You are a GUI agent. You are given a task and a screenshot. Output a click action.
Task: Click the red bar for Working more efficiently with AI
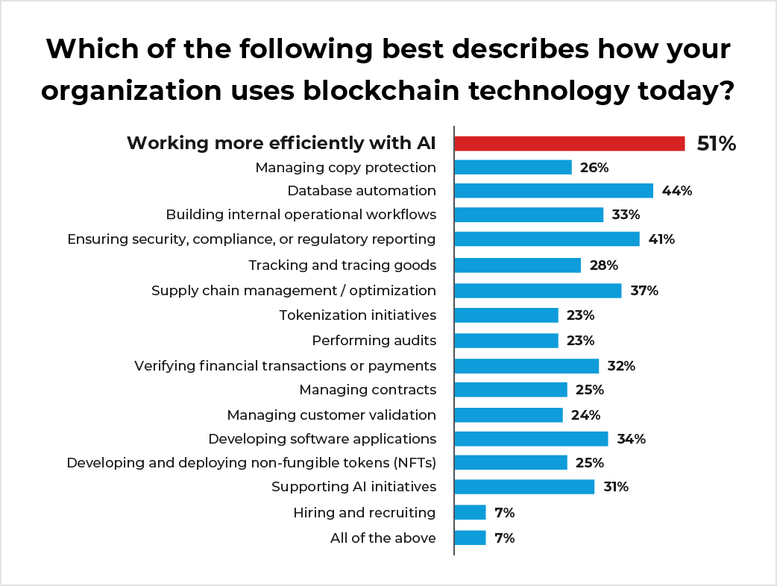pos(569,144)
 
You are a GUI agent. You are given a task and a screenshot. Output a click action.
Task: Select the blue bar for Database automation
pos(553,191)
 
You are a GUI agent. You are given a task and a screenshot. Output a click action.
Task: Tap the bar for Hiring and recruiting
pos(470,512)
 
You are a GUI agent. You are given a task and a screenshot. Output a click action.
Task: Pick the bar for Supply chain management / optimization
pos(538,291)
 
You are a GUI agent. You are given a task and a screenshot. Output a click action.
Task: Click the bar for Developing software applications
pos(531,439)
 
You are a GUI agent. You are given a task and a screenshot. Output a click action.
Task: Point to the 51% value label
pos(716,144)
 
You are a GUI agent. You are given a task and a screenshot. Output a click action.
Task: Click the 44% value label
pos(677,191)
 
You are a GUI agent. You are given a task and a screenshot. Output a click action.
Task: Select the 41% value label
pos(661,239)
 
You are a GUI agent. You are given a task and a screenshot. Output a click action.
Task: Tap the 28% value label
pos(603,265)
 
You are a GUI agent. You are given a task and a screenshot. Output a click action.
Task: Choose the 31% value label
pos(616,488)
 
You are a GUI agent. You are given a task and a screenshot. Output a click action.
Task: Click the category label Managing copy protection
pos(345,168)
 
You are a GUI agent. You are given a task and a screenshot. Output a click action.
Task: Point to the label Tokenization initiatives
pos(357,315)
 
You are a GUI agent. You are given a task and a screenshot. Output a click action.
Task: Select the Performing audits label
pos(374,341)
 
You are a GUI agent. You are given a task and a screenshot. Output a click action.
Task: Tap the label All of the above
pos(383,538)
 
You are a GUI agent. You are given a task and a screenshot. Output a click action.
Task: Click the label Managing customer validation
pos(331,415)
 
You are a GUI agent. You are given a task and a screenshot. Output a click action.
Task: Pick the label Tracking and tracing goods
pos(342,265)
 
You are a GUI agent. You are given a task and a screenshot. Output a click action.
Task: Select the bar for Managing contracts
pos(510,390)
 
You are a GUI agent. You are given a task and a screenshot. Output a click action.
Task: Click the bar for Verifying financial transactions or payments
pos(526,366)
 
